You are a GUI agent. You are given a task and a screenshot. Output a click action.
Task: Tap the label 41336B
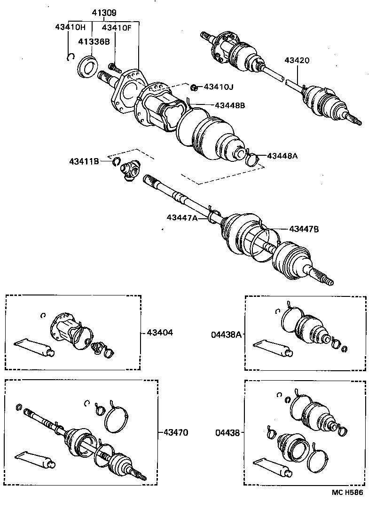(x=94, y=42)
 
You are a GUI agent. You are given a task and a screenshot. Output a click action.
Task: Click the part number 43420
(x=297, y=61)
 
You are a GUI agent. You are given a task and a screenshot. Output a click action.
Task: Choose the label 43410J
(x=218, y=87)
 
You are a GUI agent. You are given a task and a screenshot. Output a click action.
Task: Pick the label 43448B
(x=230, y=105)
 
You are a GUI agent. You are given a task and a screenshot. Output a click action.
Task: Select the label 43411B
(x=84, y=161)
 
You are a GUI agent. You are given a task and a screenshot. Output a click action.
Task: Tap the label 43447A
(x=181, y=217)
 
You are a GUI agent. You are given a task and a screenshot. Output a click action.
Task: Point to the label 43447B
(x=304, y=229)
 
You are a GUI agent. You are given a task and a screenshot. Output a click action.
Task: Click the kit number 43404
(x=160, y=333)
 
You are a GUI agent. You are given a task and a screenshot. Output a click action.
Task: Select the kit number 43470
(x=175, y=432)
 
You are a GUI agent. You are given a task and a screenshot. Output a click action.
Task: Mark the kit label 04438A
(x=226, y=335)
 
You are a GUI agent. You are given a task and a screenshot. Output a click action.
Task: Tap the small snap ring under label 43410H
(x=70, y=56)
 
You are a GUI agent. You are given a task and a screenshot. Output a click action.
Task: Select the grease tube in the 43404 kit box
(x=34, y=347)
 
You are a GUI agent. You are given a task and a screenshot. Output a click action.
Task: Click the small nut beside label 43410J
(x=194, y=87)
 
